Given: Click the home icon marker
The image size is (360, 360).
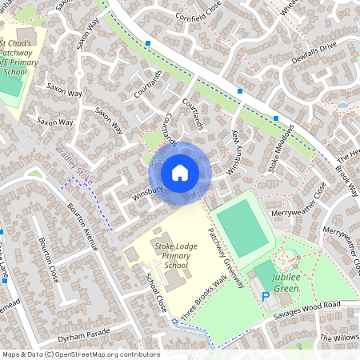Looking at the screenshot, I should [180, 172].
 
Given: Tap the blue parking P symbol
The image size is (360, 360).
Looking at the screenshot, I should [266, 296].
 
